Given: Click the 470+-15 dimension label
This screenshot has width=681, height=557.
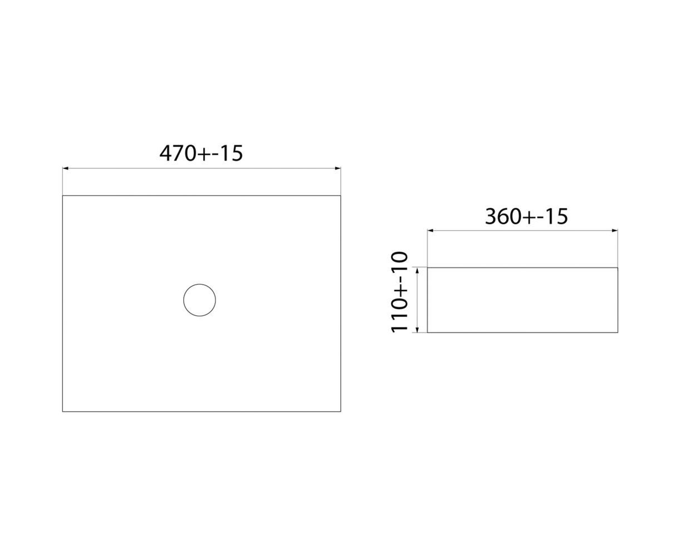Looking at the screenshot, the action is (x=201, y=153).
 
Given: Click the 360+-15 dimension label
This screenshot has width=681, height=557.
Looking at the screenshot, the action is (x=526, y=216).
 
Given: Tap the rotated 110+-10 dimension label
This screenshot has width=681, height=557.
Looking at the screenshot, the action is (x=399, y=292).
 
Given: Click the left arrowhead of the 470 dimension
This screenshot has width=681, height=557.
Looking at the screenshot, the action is (x=65, y=168).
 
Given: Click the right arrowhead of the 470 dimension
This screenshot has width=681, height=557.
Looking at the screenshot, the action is (x=338, y=168).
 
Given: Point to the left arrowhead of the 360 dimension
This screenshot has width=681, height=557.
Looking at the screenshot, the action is (x=430, y=231).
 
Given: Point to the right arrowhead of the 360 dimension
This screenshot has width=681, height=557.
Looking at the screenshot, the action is (x=615, y=231).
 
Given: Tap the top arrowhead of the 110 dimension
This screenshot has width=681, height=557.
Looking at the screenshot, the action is (x=418, y=270).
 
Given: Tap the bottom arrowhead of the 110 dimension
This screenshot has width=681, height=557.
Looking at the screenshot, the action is (x=418, y=330).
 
